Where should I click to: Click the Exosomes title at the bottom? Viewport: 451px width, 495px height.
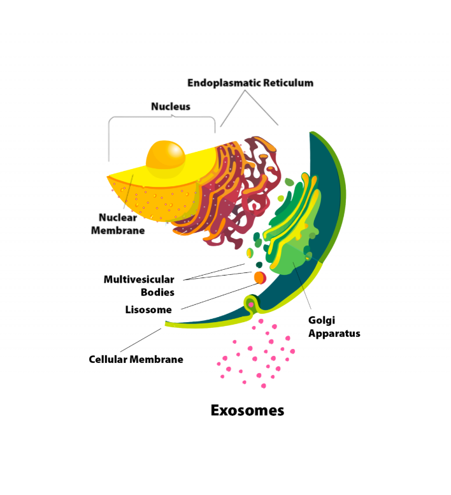click(x=247, y=410)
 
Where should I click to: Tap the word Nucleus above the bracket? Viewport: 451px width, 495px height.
click(x=170, y=107)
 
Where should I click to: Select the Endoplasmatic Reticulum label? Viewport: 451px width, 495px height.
click(x=250, y=83)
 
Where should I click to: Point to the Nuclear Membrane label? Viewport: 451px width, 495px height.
click(x=118, y=223)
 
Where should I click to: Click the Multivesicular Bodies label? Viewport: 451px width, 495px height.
click(x=140, y=286)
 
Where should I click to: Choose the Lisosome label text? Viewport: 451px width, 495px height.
click(x=148, y=310)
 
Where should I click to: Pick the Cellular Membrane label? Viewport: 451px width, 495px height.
click(x=136, y=359)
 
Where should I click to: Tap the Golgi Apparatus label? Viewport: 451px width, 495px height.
click(x=334, y=327)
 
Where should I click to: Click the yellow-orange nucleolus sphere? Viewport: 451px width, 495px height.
click(x=166, y=158)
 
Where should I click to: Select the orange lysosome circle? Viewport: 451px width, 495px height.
click(x=259, y=277)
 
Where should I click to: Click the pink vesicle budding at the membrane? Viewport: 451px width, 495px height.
click(x=251, y=305)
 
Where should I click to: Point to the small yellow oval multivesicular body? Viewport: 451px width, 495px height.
click(x=250, y=253)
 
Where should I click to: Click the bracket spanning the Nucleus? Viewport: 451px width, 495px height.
click(x=162, y=117)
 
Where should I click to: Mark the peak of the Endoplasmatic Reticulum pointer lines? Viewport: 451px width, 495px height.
click(x=243, y=91)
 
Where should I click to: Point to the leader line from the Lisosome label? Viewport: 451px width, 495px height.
click(x=217, y=297)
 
